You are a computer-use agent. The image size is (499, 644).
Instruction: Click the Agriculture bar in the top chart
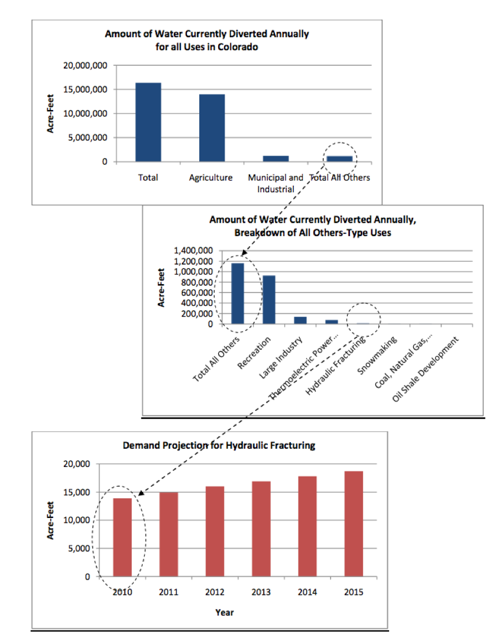212,127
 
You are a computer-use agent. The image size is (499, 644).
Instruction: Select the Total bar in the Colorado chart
148,122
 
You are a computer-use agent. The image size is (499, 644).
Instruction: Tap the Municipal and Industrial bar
276,158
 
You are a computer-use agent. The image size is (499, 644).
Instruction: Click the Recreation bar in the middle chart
268,300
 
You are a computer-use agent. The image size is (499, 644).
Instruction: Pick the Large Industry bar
300,320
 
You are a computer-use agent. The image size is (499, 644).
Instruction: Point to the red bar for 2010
123,537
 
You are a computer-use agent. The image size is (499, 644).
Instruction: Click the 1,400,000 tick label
193,251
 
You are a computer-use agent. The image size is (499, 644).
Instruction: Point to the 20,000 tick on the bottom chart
75,464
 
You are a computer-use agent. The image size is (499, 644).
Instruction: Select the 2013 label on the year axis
261,592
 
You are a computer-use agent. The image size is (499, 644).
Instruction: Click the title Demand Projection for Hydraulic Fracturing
219,445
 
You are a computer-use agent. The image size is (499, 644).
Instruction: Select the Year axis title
224,613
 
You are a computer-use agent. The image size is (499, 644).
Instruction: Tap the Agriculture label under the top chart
211,178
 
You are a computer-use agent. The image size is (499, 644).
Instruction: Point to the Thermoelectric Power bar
332,322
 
